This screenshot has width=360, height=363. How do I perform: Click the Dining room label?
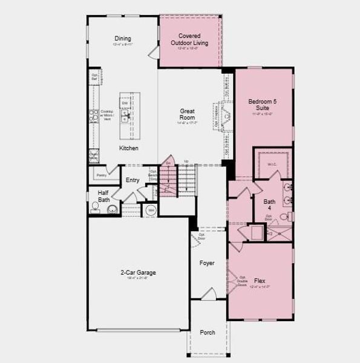click(123, 39)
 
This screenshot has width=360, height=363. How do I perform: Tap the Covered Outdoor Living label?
click(189, 39)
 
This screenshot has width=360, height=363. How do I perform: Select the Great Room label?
click(187, 114)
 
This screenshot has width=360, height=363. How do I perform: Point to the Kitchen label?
click(128, 148)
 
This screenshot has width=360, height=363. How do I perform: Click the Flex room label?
click(259, 281)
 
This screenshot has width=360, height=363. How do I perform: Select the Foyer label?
click(208, 263)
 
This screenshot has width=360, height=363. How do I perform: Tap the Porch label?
click(208, 332)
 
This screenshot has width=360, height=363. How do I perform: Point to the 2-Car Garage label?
click(138, 273)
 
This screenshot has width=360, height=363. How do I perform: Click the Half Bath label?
click(103, 196)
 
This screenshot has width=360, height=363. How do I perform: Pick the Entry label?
click(133, 180)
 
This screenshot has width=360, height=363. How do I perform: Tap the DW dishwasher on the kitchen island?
click(125, 103)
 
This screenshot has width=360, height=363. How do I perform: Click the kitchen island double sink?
click(125, 117)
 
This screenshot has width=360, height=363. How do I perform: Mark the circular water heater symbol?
click(151, 211)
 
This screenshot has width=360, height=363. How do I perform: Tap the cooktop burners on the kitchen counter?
click(93, 115)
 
